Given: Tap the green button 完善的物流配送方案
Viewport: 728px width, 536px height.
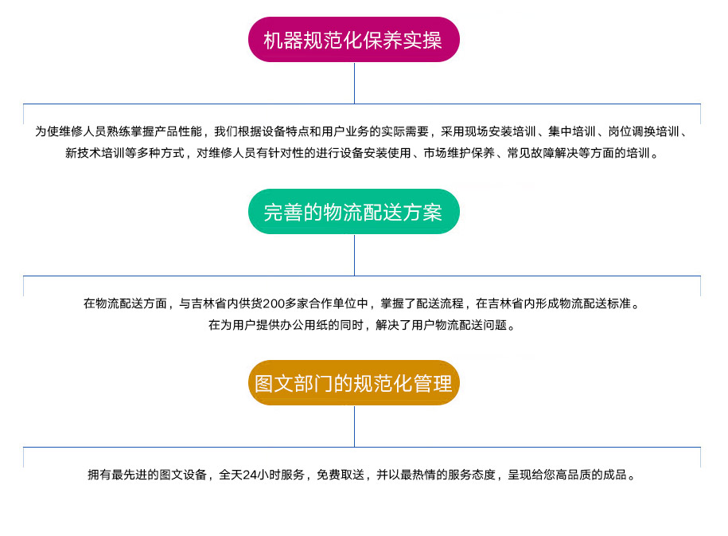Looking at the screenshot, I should point(354,212).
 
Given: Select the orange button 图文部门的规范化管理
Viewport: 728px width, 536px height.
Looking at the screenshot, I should point(354,383).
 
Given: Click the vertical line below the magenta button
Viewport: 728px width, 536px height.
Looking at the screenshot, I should point(354,83).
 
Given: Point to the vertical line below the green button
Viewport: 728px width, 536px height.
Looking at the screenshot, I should point(354,255).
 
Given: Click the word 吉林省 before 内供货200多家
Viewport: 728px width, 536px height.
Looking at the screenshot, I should point(208,303).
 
